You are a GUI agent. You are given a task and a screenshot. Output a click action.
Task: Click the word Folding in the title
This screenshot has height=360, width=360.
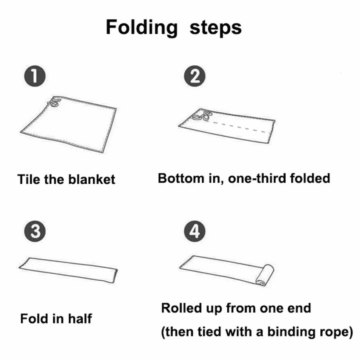click(x=142, y=28)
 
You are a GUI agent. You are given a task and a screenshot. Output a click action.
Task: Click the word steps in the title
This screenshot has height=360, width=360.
click(x=216, y=28)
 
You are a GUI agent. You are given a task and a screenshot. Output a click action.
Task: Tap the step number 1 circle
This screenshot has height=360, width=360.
click(x=35, y=76)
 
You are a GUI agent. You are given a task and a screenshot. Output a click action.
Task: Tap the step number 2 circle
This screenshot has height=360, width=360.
click(x=195, y=76)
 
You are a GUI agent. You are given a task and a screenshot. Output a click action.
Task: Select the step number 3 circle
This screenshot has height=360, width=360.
click(x=35, y=231)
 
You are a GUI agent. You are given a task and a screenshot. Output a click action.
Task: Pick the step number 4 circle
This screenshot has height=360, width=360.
click(x=195, y=231)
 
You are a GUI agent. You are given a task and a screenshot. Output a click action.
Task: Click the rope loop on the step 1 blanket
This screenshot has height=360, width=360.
click(x=54, y=102)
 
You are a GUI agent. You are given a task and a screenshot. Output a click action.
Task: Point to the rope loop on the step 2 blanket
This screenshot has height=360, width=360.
click(x=202, y=116)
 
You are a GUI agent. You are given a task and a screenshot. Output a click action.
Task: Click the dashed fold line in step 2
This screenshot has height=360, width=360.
click(x=241, y=127)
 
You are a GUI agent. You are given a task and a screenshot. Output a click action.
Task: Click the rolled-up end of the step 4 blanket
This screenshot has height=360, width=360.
click(x=265, y=275)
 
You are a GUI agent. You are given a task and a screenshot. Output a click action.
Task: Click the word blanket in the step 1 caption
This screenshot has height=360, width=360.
click(x=91, y=179)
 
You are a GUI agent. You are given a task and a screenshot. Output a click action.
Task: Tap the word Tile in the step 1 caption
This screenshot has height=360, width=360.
click(x=29, y=179)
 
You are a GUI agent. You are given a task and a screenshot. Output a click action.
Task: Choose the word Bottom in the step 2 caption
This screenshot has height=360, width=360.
click(x=181, y=178)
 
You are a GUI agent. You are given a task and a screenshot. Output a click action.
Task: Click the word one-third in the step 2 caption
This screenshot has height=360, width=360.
click(x=257, y=178)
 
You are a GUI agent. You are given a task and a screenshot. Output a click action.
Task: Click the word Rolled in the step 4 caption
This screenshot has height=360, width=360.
click(x=181, y=308)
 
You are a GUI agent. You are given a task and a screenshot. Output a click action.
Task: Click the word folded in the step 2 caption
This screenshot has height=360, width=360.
click(x=310, y=178)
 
